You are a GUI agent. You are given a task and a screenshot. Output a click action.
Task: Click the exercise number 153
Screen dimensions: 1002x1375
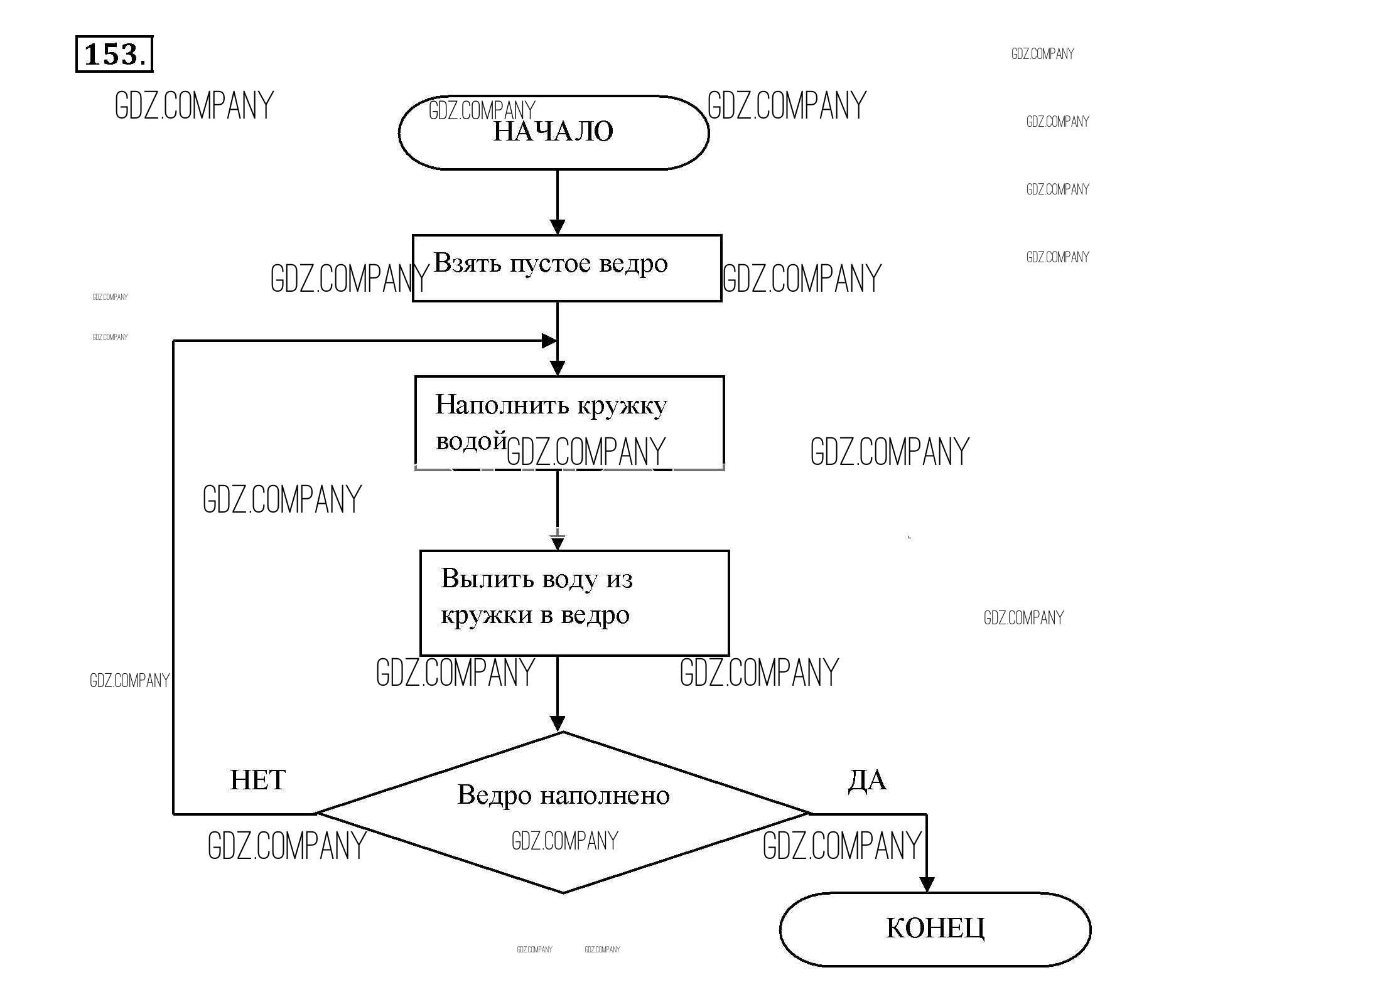click(114, 54)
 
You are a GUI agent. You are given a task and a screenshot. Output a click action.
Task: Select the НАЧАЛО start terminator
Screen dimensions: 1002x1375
click(553, 132)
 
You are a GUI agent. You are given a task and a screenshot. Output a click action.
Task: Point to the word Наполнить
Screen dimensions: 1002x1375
click(502, 405)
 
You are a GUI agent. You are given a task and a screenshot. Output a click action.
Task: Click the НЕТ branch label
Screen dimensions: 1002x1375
click(257, 781)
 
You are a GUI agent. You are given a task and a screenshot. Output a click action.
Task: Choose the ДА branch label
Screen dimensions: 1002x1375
click(867, 781)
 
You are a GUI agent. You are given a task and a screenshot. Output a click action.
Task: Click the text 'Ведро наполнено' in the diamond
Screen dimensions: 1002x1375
click(563, 796)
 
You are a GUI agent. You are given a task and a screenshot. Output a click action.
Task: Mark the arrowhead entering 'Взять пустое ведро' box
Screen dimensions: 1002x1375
click(558, 227)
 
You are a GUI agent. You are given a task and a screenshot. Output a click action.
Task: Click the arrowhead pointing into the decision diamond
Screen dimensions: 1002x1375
click(558, 723)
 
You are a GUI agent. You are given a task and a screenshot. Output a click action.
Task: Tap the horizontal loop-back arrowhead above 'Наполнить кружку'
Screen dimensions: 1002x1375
click(549, 341)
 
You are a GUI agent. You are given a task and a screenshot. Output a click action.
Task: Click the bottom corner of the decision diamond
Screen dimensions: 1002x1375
click(563, 892)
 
